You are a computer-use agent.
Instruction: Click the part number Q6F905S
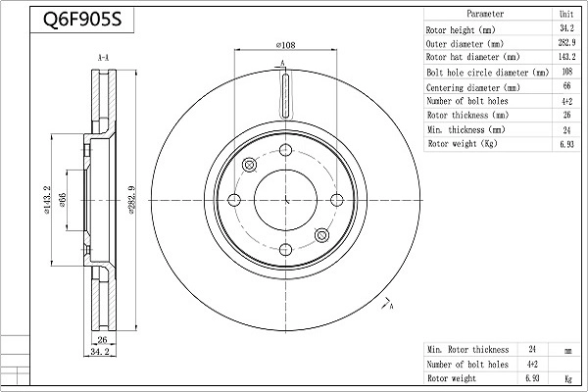pos(82,20)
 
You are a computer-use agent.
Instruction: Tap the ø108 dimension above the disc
pos(286,45)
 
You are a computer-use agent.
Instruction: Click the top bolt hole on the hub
pos(286,150)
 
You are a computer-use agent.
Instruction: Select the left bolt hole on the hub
pos(234,200)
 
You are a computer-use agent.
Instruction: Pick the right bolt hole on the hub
pos(337,200)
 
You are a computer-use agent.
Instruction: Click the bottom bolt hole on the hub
pos(286,250)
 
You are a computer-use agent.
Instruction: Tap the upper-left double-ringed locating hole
pos(249,165)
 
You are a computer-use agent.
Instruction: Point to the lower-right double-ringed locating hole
pos(321,235)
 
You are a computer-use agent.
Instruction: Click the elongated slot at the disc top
pos(286,95)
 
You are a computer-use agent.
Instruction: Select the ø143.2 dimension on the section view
pos(47,200)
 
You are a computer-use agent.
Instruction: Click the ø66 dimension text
pos(63,200)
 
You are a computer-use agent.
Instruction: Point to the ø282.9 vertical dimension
pos(131,200)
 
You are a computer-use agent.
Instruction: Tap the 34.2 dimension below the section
pos(99,352)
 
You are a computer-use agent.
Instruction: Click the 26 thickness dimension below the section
pos(102,340)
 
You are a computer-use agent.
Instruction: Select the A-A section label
pos(103,58)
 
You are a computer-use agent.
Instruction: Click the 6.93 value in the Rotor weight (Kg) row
pos(566,144)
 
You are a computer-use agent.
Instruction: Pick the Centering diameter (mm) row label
pos(473,88)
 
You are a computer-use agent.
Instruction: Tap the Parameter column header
pos(485,14)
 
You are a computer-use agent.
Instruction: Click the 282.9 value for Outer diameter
pos(566,43)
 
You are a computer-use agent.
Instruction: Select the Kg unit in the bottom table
pos(568,379)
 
